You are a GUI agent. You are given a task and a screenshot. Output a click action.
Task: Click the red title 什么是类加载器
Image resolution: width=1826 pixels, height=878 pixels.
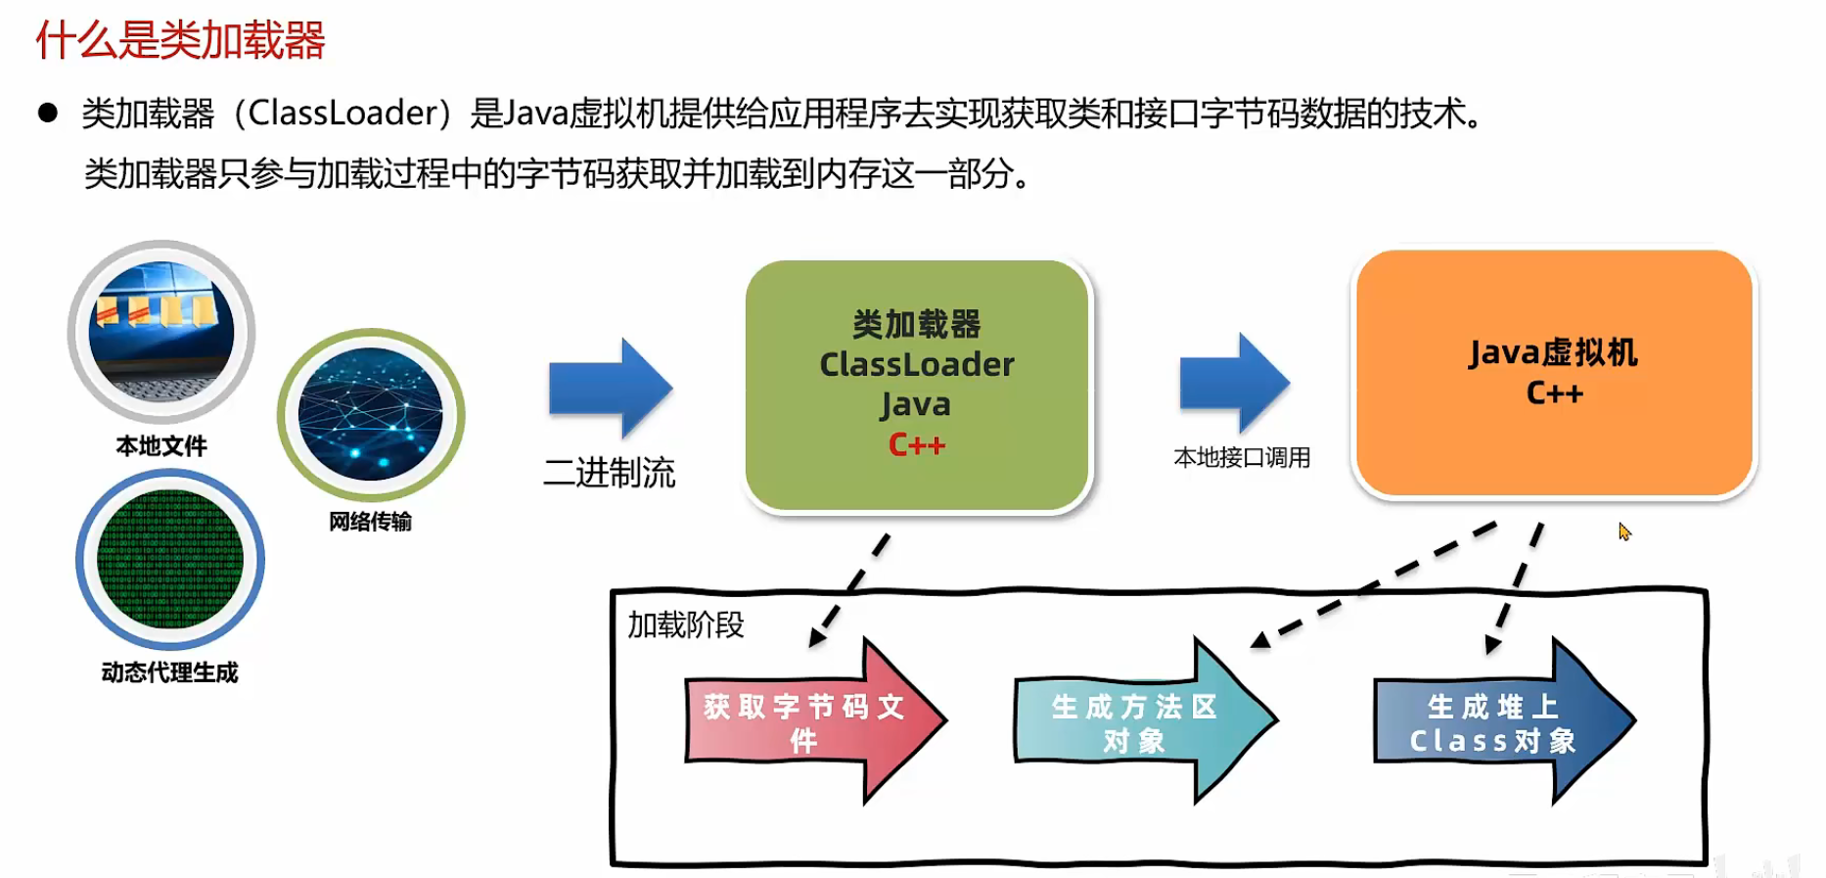tap(181, 41)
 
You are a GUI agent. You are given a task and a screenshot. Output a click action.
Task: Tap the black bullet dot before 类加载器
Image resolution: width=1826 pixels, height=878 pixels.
tap(47, 113)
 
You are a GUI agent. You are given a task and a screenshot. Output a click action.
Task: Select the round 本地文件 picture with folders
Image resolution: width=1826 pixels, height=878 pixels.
tap(161, 332)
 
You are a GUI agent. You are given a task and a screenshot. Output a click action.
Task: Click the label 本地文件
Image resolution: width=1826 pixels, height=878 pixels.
tap(161, 446)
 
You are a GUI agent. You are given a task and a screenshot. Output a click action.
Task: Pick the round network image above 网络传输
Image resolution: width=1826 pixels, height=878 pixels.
tap(371, 415)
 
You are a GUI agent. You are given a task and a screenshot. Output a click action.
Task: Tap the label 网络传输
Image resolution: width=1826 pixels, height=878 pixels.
tap(370, 522)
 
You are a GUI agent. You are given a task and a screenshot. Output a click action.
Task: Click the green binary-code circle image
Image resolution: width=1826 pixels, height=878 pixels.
tap(170, 559)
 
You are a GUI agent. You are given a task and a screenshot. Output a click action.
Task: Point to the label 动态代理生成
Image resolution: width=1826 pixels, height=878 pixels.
tap(169, 672)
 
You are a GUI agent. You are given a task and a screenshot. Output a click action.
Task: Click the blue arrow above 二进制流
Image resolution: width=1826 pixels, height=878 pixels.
tap(610, 388)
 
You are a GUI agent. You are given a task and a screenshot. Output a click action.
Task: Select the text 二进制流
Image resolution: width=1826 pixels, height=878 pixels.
tap(609, 473)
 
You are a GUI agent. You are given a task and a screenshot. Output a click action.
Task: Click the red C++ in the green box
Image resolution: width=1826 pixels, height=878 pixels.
tap(916, 445)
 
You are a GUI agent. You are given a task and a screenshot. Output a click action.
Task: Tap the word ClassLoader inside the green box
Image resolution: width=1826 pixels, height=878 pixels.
tap(916, 364)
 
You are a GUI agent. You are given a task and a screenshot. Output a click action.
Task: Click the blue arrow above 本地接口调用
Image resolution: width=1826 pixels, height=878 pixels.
tap(1234, 383)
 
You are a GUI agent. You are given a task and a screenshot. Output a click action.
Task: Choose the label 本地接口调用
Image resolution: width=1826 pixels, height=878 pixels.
tap(1242, 457)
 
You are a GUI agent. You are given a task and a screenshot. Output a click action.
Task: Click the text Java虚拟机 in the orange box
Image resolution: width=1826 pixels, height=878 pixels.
tap(1553, 352)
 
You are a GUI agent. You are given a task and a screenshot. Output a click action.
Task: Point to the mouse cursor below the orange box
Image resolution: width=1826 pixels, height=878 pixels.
tap(1623, 531)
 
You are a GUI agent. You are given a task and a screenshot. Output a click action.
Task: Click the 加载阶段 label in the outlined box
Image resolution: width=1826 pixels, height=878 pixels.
tap(685, 624)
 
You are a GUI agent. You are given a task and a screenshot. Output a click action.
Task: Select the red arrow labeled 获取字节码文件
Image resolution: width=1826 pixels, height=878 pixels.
tap(812, 722)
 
